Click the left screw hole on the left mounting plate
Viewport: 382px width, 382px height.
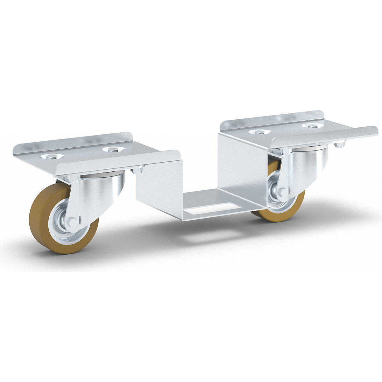click(51, 156)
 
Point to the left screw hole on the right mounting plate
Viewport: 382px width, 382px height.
click(259, 132)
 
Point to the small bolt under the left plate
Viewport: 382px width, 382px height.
click(138, 171)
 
